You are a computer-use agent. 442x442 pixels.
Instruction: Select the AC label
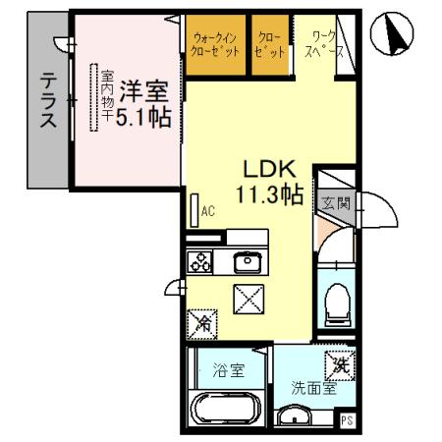click(x=207, y=209)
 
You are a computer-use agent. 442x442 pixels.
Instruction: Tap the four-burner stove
click(x=201, y=261)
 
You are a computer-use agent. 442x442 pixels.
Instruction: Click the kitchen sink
click(x=246, y=262)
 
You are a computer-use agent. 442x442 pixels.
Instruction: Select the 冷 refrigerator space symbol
click(x=201, y=320)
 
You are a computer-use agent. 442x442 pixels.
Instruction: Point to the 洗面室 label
click(x=312, y=387)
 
